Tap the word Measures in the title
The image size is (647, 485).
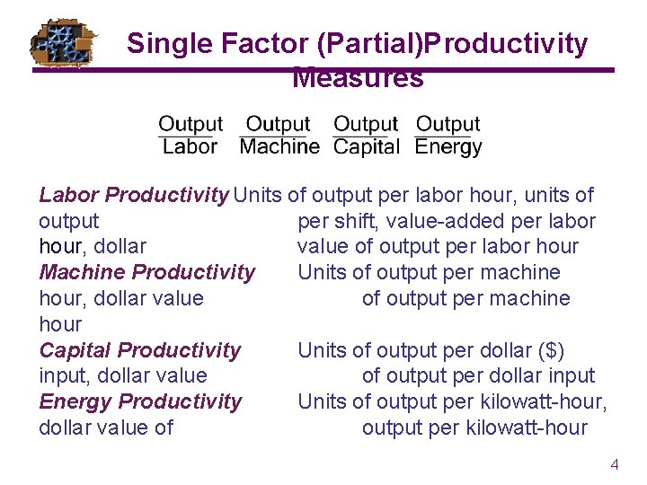coord(358,78)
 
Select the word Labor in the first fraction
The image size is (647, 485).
coord(190,146)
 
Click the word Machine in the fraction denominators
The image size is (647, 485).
coord(279,146)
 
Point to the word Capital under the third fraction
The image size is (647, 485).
coord(366,146)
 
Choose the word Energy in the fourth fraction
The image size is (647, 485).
coord(448,146)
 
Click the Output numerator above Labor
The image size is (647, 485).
coord(190,124)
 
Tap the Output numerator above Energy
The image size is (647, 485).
coord(448,124)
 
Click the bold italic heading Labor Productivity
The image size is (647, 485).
coord(134,195)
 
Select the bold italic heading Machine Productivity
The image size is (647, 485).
coord(147,272)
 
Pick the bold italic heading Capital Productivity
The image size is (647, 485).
coord(140,350)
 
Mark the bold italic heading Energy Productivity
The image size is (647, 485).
coord(140,401)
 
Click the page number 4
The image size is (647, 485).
coord(615,464)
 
